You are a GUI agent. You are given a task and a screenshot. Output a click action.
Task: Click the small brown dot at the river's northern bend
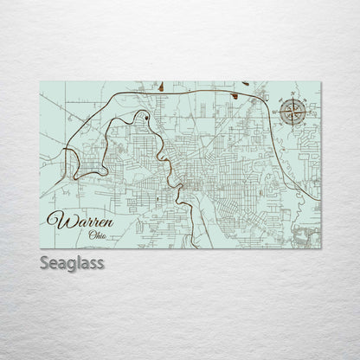coord(147,116)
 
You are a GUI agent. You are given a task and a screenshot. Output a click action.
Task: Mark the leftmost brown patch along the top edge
coord(162,86)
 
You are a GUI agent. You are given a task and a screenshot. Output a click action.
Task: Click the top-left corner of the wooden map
coord(41,81)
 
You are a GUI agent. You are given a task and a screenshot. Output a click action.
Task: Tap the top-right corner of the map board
coord(322,81)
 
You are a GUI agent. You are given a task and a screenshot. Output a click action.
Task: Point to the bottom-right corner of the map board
coord(322,249)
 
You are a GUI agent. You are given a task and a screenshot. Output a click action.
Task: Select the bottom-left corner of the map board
coord(41,249)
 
